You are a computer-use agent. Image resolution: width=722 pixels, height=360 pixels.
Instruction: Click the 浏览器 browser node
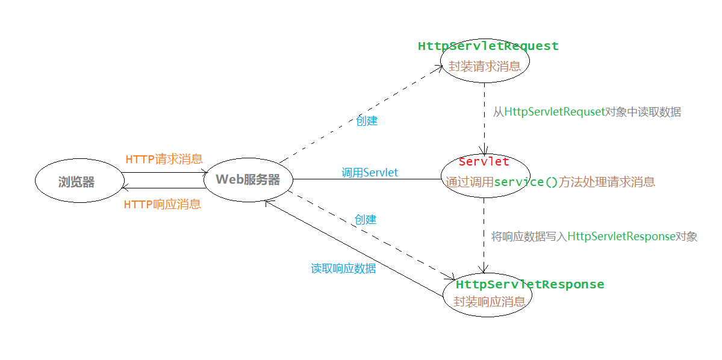[77, 181]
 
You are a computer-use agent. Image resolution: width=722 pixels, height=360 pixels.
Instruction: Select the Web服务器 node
[248, 179]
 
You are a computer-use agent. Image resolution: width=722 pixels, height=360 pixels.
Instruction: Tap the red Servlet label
[484, 161]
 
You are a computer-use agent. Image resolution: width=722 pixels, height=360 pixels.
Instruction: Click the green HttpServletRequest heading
[488, 46]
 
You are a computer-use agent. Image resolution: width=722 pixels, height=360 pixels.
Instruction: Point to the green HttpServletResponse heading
[529, 284]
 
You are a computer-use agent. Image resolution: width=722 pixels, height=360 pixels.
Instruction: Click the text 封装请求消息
[484, 66]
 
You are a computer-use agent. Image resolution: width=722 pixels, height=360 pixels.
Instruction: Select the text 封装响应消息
[489, 302]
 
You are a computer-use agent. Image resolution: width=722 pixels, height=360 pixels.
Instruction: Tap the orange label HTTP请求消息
[164, 160]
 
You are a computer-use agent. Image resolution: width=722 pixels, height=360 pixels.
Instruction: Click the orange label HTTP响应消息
[162, 204]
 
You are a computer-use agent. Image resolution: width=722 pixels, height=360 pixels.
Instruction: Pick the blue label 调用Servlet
[370, 173]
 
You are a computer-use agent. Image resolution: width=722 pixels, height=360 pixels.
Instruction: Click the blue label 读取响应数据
[343, 268]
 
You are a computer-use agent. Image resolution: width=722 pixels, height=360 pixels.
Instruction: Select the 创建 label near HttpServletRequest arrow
[366, 120]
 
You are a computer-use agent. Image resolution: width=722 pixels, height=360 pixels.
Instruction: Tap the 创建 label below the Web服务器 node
[365, 220]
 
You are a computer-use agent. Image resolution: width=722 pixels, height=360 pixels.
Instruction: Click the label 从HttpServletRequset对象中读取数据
[587, 112]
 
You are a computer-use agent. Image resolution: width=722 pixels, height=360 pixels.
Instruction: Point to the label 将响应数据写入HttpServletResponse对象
[594, 237]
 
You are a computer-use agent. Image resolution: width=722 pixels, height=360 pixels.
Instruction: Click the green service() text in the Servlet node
[526, 182]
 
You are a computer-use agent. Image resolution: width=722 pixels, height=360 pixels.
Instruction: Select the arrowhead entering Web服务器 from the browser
[205, 173]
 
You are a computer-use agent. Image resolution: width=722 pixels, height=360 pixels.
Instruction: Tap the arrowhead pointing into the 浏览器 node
[125, 188]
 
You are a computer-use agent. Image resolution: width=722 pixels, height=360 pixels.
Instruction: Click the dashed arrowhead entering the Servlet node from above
[484, 151]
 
